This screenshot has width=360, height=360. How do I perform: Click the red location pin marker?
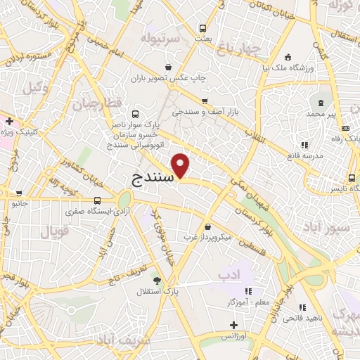click(181, 166)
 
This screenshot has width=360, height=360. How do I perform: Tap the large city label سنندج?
click(153, 179)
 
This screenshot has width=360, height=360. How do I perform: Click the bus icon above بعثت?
click(203, 29)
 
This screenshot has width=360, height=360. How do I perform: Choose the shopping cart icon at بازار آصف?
click(205, 101)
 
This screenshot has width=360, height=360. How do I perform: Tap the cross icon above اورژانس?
click(234, 325)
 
